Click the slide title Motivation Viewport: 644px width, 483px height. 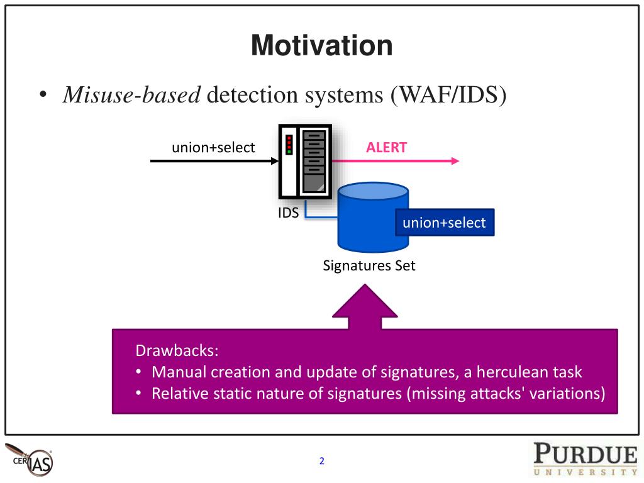pyautogui.click(x=322, y=46)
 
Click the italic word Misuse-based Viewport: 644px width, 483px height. pyautogui.click(x=131, y=95)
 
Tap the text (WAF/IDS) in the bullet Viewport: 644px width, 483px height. pyautogui.click(x=448, y=95)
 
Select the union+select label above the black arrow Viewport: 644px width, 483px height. pyautogui.click(x=213, y=148)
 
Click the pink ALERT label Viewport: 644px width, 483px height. pyautogui.click(x=387, y=148)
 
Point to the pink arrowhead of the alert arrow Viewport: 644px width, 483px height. pyautogui.click(x=455, y=161)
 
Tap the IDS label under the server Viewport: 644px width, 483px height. pyautogui.click(x=289, y=213)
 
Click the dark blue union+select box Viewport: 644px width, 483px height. pyautogui.click(x=445, y=223)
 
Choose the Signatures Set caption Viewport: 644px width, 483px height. pyautogui.click(x=369, y=265)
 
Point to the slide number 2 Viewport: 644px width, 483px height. pyautogui.click(x=322, y=461)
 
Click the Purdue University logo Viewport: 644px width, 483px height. pyautogui.click(x=586, y=459)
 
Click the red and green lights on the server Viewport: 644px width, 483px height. pyautogui.click(x=289, y=144)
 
